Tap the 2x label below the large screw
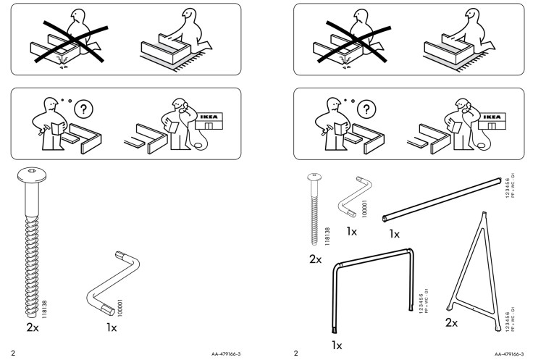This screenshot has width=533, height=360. click(x=33, y=327)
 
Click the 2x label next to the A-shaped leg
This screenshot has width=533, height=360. click(x=451, y=322)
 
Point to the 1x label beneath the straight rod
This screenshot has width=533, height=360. click(x=395, y=234)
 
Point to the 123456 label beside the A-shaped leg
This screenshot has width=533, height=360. click(x=505, y=319)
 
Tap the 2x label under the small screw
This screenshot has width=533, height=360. click(x=315, y=258)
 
